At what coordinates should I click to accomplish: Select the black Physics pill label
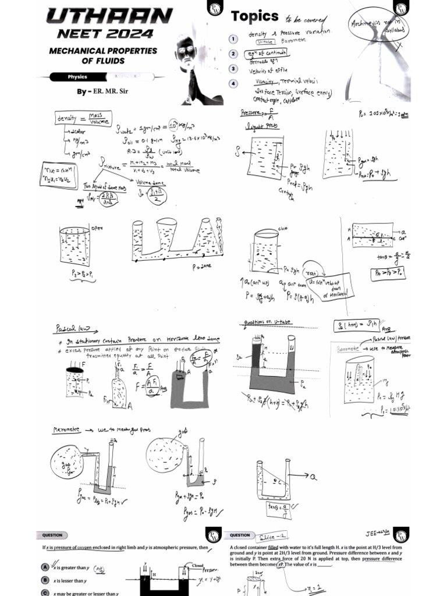click(77, 77)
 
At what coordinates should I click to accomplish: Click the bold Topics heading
click(254, 17)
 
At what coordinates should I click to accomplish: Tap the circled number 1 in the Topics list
click(233, 39)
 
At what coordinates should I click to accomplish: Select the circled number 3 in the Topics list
click(233, 69)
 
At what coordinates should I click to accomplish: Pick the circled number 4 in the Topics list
click(233, 84)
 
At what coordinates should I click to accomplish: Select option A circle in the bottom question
click(45, 566)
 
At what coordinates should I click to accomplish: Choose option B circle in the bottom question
click(45, 580)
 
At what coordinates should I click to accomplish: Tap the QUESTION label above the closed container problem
click(240, 535)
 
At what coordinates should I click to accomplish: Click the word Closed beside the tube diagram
click(198, 565)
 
